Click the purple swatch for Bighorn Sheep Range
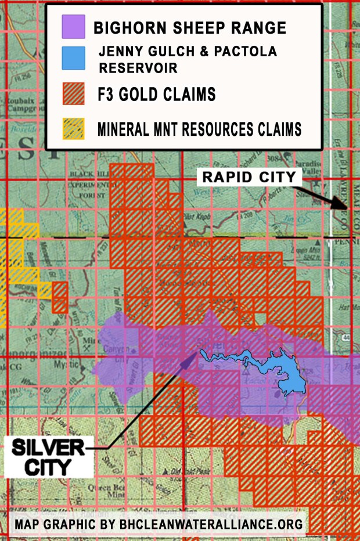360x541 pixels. click(74, 27)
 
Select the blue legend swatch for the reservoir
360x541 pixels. click(74, 58)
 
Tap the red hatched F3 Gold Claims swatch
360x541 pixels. click(74, 94)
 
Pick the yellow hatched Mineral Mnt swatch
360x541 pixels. click(74, 128)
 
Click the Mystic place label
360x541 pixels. click(65, 366)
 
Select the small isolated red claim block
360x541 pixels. click(60, 297)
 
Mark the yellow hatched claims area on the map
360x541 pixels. click(15, 255)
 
